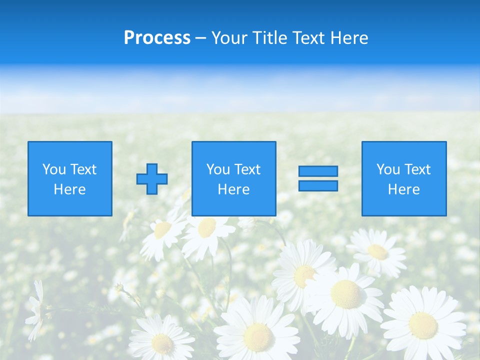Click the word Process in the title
click(157, 38)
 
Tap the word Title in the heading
click(270, 38)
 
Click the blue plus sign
click(152, 179)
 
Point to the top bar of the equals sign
click(318, 171)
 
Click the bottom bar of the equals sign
click(318, 185)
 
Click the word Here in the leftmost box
click(70, 189)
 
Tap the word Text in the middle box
click(247, 169)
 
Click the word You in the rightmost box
click(388, 169)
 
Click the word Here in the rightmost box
click(404, 189)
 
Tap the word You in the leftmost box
click(54, 169)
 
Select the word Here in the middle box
click(234, 189)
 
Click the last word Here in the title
click(350, 38)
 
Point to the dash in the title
click(200, 38)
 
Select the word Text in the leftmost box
click(83, 169)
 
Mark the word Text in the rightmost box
click(417, 169)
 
